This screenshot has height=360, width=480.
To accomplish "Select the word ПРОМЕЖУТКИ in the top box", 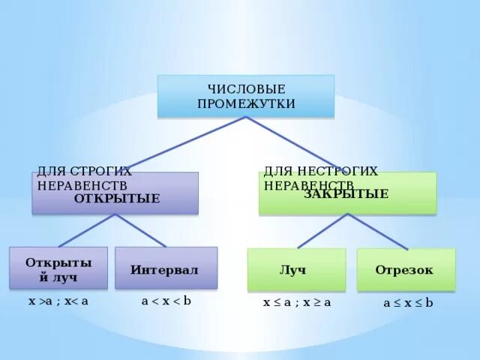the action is pyautogui.click(x=246, y=103).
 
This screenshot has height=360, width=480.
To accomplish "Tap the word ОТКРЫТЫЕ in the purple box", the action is pyautogui.click(x=117, y=199).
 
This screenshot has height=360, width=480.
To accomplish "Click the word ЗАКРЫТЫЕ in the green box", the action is pyautogui.click(x=346, y=194).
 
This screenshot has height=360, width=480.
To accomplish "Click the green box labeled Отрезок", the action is pyautogui.click(x=405, y=270).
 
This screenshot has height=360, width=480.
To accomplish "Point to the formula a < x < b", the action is pyautogui.click(x=166, y=301).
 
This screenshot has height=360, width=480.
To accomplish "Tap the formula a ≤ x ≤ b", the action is pyautogui.click(x=408, y=303).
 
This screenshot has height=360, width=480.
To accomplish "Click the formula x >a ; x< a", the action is pyautogui.click(x=58, y=301).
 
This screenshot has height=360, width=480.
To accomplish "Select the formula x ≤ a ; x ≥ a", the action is pyautogui.click(x=296, y=302).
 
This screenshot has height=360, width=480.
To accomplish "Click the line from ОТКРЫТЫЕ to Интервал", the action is pyautogui.click(x=141, y=230).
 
